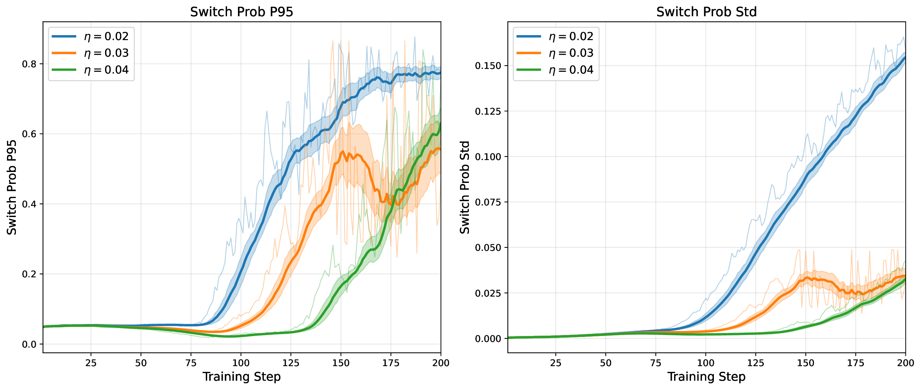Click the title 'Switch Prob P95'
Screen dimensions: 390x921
[x=241, y=12]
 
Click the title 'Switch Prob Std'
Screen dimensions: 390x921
[x=706, y=12]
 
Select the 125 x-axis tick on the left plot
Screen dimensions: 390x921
[x=291, y=363]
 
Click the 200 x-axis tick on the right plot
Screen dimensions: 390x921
[x=905, y=363]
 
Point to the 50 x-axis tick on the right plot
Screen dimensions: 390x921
[x=605, y=363]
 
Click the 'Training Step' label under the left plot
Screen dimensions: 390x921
[x=241, y=377]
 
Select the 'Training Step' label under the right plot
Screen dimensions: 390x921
[x=706, y=377]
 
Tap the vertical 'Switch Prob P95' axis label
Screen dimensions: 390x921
[x=12, y=187]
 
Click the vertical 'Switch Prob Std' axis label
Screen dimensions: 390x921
[x=464, y=187]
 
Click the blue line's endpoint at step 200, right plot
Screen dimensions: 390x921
[x=905, y=57]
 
